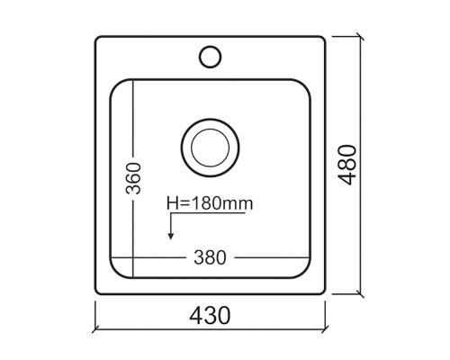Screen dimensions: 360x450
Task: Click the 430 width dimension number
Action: point(210,316)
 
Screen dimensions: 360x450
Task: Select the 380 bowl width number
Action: point(210,256)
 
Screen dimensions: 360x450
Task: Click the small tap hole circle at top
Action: point(210,56)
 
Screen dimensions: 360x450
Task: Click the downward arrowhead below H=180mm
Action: point(169,237)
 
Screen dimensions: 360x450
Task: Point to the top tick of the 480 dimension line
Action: point(361,38)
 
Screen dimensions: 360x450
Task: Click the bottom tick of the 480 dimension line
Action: point(361,293)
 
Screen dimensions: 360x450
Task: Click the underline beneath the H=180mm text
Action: point(210,213)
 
